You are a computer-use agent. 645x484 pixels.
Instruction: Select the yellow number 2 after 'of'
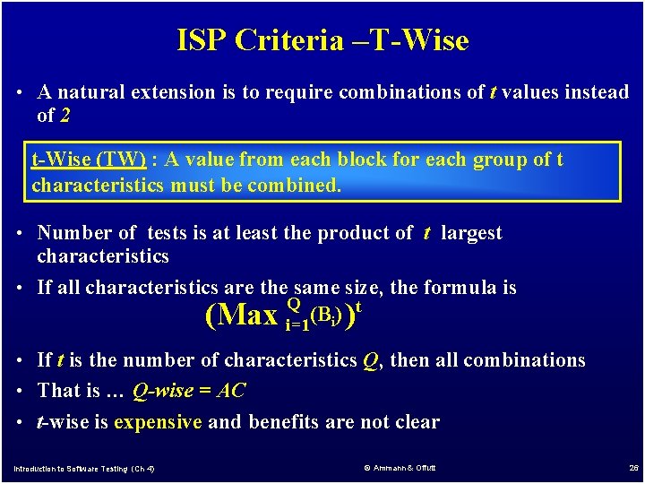[65, 115]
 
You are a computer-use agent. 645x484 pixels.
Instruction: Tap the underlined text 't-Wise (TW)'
[89, 160]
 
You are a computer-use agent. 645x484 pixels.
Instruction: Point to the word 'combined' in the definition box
[297, 186]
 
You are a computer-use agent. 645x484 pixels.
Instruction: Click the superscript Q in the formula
[292, 304]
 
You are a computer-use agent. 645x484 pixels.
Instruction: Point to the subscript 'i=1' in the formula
[297, 325]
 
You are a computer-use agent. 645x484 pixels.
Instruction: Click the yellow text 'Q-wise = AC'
[188, 391]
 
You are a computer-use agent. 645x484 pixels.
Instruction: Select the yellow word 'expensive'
[158, 421]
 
